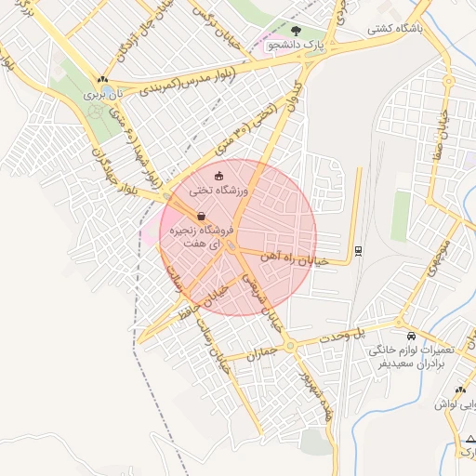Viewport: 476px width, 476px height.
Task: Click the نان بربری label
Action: [101, 94]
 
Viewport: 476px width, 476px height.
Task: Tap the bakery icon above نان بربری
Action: [101, 80]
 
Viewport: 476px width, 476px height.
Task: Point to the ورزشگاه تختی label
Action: [219, 190]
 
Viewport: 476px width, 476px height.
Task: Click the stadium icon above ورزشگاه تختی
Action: [219, 176]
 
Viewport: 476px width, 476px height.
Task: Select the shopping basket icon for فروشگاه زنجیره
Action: [203, 215]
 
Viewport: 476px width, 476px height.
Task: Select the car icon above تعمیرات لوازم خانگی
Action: [411, 336]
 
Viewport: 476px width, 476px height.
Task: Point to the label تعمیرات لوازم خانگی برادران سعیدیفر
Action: [410, 357]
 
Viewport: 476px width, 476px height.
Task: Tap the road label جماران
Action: [264, 354]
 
